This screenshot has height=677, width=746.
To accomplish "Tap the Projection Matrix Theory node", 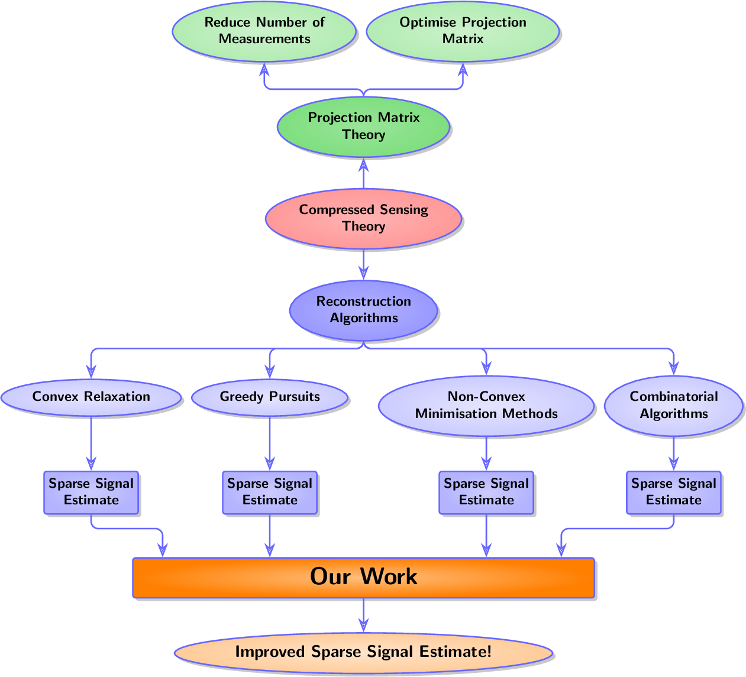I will [x=363, y=127].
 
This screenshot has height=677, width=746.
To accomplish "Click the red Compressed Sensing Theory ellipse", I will [x=363, y=218].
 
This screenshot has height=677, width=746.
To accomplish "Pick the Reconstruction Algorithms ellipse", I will [x=363, y=310].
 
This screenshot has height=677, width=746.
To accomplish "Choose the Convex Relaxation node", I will [x=91, y=397].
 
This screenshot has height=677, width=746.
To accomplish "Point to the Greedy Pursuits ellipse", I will [x=270, y=397].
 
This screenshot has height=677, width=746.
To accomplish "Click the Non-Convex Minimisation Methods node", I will [x=486, y=405].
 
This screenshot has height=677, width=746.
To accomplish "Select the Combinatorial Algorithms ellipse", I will [x=673, y=405].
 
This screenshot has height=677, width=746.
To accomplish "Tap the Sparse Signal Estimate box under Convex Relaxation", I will [x=91, y=492].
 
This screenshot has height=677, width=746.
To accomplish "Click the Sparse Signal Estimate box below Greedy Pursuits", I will [x=270, y=492].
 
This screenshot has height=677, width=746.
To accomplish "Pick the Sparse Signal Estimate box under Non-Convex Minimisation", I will [x=486, y=492].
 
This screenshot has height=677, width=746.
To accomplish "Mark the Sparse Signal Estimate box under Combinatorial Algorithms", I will [x=673, y=492].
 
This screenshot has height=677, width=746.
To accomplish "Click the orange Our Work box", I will [x=363, y=577].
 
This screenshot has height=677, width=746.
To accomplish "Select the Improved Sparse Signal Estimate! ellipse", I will [x=363, y=652].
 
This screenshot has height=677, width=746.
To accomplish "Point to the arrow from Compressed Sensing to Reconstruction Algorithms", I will [x=363, y=264].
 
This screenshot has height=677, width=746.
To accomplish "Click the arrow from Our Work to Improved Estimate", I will [x=363, y=616].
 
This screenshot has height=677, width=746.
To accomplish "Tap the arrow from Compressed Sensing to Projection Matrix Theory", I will [x=363, y=173].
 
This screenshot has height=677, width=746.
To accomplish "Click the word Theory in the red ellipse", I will [x=363, y=226].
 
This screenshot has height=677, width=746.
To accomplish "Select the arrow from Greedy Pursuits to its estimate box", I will [x=270, y=443].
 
